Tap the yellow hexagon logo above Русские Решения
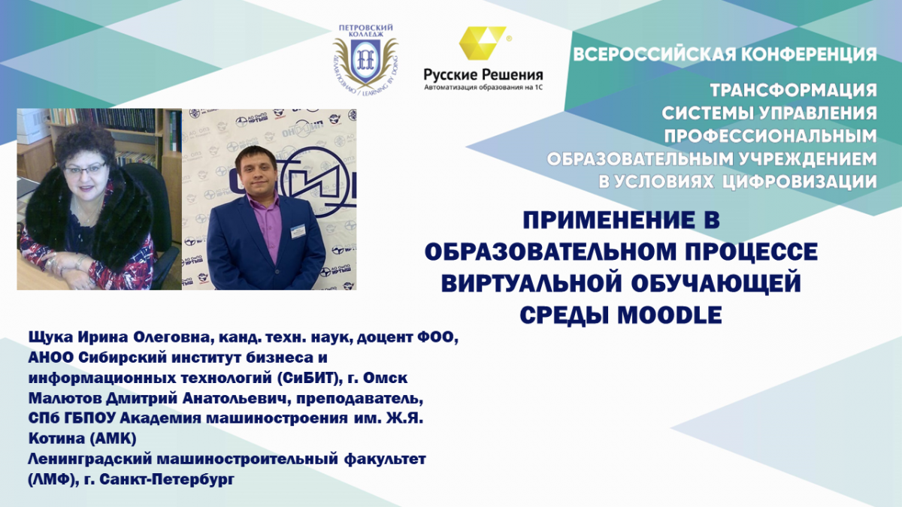click(x=483, y=43)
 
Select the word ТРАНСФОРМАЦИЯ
click(x=793, y=90)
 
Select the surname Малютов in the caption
click(x=65, y=398)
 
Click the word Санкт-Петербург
click(x=166, y=480)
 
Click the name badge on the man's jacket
click(x=298, y=231)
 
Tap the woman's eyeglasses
click(x=85, y=167)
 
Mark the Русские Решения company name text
click(x=483, y=74)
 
